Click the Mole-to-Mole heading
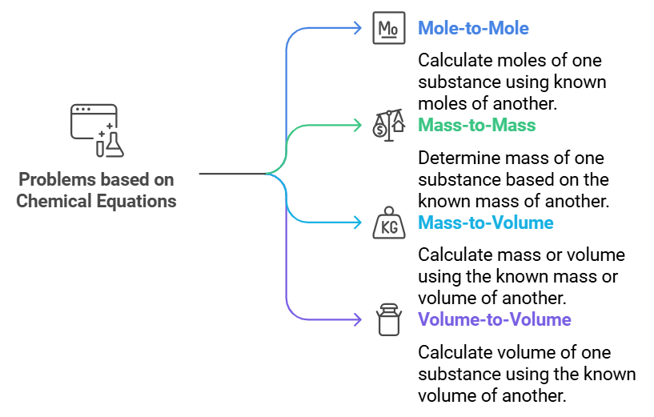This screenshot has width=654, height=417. coord(473,29)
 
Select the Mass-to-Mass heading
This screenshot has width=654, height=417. coord(476,125)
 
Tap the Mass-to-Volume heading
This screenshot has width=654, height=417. coord(485,222)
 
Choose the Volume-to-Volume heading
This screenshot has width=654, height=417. coord(494,319)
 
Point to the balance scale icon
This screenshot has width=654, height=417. coord(388,125)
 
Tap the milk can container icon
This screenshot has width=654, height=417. coord(388,319)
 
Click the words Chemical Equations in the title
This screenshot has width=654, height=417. coord(97,201)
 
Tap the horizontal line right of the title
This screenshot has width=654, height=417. coord(231,174)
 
